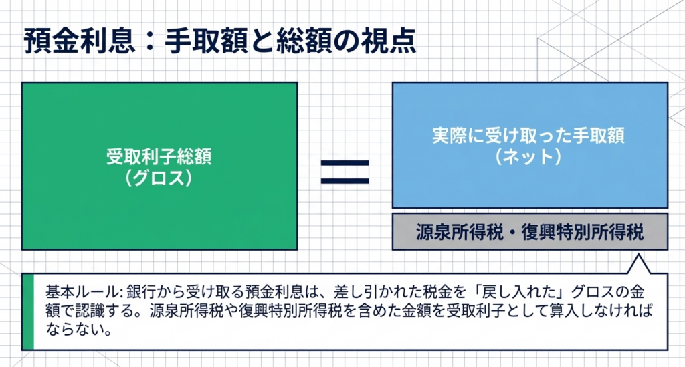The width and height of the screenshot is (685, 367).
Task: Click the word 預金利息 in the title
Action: tap(79, 41)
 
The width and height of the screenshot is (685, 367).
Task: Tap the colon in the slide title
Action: tap(150, 41)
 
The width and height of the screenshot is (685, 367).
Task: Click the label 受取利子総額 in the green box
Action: tap(159, 156)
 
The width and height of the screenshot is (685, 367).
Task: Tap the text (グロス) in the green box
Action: tap(159, 178)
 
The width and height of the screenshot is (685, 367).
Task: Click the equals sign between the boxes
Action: tap(345, 172)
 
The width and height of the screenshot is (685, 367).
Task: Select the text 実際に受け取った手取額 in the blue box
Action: tap(528, 135)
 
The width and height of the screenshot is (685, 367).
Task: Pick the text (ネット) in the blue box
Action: tap(528, 157)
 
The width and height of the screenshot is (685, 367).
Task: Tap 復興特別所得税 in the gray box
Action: tap(583, 232)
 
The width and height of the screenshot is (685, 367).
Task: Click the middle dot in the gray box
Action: tap(512, 232)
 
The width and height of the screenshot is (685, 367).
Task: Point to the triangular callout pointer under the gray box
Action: tap(638, 265)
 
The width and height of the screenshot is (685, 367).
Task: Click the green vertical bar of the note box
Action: tap(28, 312)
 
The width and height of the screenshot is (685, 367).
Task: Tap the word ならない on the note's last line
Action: tap(74, 328)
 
